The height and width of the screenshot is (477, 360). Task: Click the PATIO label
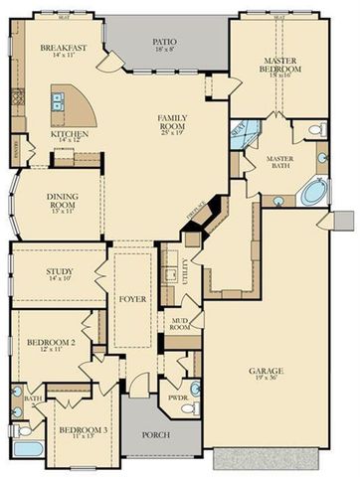[x=164, y=43]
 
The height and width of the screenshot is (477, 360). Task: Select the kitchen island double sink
[x=60, y=99]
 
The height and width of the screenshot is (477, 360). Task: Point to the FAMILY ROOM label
[x=173, y=124]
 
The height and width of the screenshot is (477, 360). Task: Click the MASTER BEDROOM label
[x=278, y=64]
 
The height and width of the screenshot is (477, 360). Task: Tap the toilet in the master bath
[x=315, y=130]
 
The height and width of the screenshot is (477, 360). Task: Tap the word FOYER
[x=132, y=294]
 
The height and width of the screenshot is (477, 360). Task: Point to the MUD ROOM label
[x=181, y=323]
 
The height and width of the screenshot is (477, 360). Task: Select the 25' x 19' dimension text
[x=173, y=134]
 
